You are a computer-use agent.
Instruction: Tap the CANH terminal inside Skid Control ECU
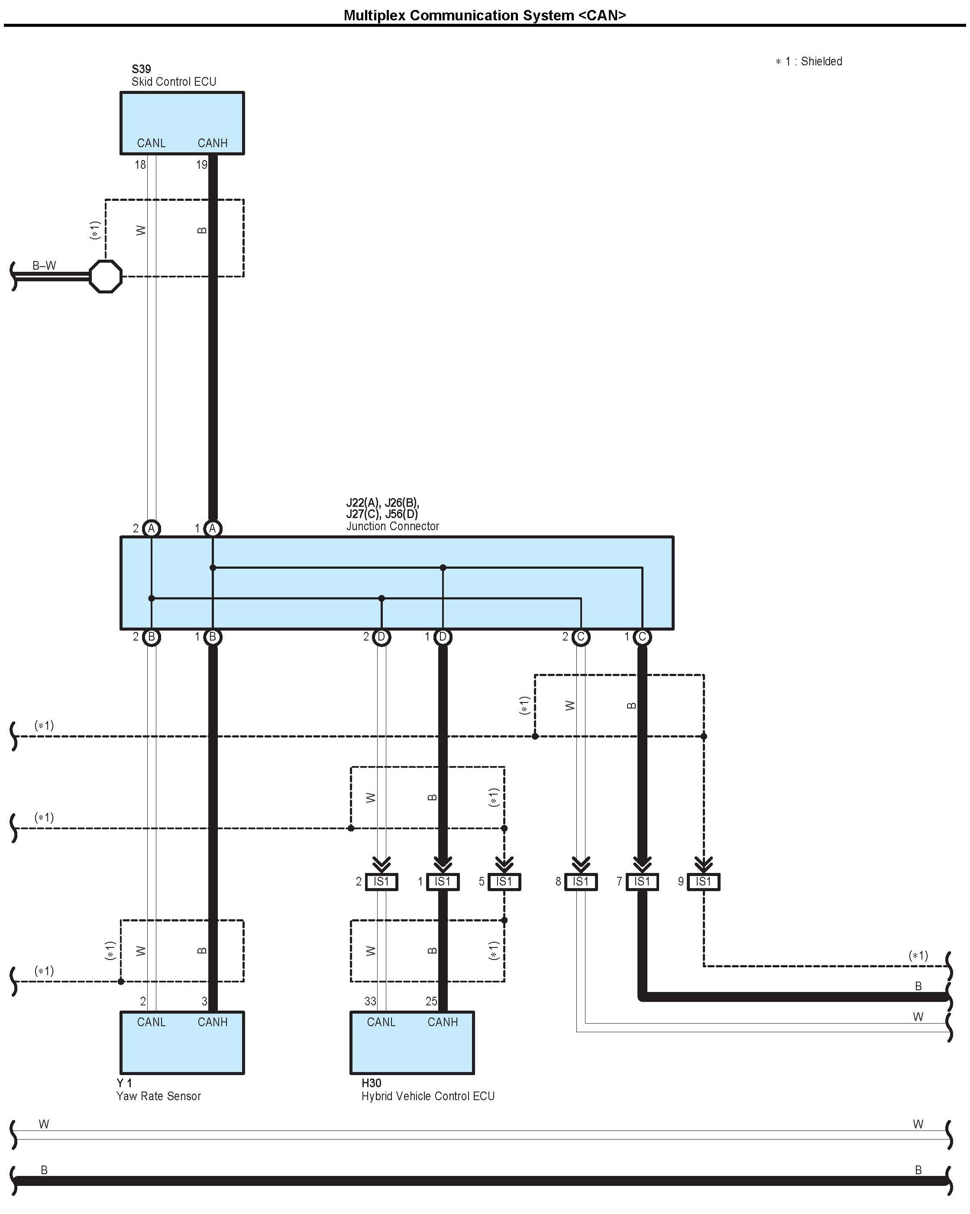click(x=212, y=143)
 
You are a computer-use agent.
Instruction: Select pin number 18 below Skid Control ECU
click(x=140, y=164)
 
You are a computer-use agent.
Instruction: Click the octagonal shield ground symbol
click(x=106, y=276)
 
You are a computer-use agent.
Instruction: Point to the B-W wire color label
click(x=44, y=265)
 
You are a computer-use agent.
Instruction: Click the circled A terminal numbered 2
click(x=151, y=528)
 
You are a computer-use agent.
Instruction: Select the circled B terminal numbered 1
click(x=212, y=637)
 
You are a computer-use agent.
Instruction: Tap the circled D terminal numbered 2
click(x=382, y=637)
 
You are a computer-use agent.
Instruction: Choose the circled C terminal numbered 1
click(x=642, y=637)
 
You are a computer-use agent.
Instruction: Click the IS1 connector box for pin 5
click(x=504, y=881)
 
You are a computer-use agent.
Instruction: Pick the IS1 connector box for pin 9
click(x=704, y=881)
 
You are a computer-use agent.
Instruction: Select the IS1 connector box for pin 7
click(x=642, y=881)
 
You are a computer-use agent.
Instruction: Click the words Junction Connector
click(x=393, y=526)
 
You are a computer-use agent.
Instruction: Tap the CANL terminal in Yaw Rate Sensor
click(x=151, y=1022)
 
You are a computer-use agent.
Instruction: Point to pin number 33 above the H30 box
click(x=370, y=1001)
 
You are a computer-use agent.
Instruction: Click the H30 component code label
click(x=371, y=1083)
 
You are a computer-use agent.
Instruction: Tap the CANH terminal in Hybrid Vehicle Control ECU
click(x=442, y=1022)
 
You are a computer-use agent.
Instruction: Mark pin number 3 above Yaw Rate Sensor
click(x=204, y=1001)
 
